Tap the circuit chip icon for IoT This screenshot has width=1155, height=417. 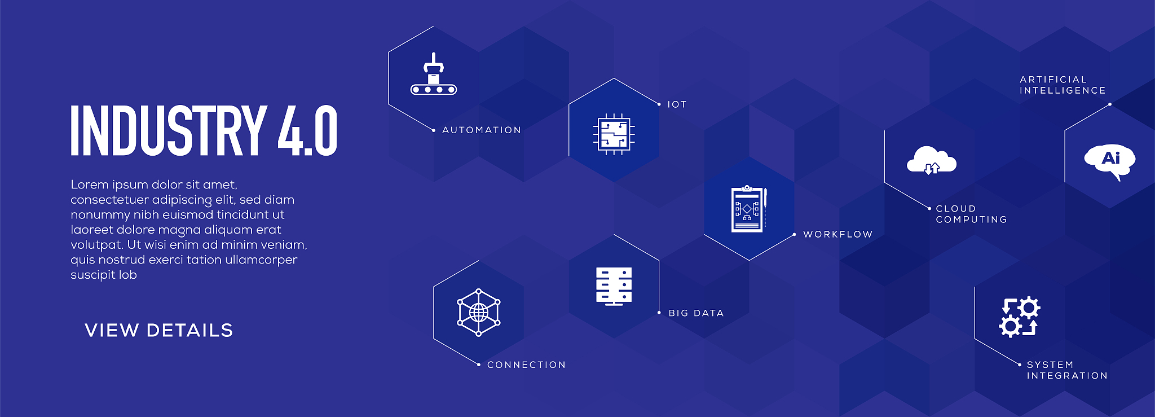[x=614, y=134]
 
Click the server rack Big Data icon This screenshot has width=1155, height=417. [x=614, y=286]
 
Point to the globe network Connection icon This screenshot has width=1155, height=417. [x=479, y=313]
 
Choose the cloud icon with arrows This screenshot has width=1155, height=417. [x=931, y=160]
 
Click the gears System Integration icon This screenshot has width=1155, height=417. [x=1020, y=317]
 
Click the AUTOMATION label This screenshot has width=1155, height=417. [x=482, y=130]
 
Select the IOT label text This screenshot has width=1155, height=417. [x=677, y=104]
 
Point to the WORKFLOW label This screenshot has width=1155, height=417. [x=838, y=234]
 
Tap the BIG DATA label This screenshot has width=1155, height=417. [x=696, y=313]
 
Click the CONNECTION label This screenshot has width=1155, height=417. [x=526, y=365]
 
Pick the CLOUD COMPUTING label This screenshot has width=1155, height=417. [x=971, y=214]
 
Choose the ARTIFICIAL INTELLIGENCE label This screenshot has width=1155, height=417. [x=1063, y=85]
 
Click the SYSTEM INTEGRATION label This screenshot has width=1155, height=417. [x=1067, y=370]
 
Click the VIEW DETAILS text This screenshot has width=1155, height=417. [x=159, y=330]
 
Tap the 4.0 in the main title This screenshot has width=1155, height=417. [x=308, y=130]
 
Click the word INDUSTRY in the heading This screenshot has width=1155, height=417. [x=168, y=130]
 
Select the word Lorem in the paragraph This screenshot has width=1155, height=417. [x=89, y=185]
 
